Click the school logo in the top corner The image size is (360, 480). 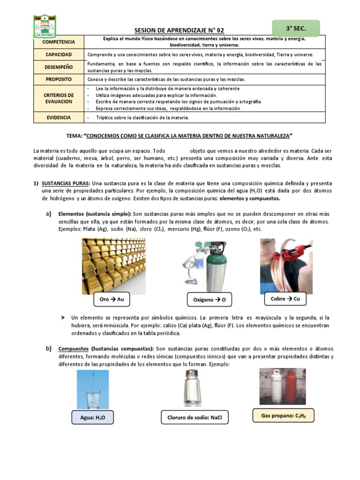tap(45, 26)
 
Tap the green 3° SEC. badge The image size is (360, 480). tap(289, 29)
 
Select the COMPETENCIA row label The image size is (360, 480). tap(59, 42)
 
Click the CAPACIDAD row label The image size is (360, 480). tap(59, 55)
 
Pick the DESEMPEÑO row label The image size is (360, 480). tap(59, 67)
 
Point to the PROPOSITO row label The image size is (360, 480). tap(59, 79)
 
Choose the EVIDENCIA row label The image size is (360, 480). tap(59, 118)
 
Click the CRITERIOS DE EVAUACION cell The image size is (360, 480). tap(59, 98)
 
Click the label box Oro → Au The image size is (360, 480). tap(112, 299)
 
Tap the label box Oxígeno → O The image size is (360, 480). tap(209, 300)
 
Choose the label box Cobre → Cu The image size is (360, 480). tap(285, 299)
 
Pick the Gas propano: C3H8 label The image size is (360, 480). tap(282, 415)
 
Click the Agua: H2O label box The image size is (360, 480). tap(92, 417)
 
